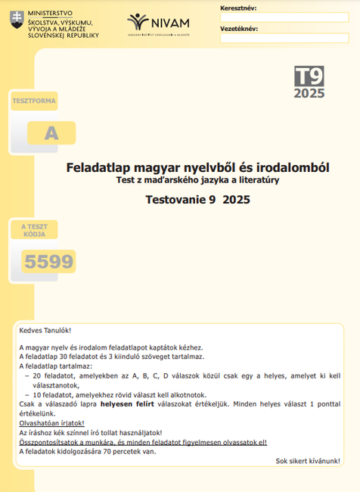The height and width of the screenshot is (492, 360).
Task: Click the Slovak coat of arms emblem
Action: (x=16, y=19)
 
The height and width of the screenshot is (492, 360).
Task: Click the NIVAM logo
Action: (x=158, y=23)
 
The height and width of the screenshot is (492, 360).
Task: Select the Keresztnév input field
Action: (x=284, y=17)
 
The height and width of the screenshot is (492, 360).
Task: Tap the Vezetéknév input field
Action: (x=284, y=38)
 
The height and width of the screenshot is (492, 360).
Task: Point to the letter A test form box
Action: (x=51, y=133)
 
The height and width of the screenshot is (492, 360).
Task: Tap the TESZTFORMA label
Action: (x=34, y=101)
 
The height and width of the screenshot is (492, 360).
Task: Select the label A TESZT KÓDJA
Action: (x=34, y=230)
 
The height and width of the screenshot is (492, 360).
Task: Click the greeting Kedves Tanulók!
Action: (x=45, y=331)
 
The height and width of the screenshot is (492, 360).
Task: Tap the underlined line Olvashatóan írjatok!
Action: (x=51, y=423)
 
